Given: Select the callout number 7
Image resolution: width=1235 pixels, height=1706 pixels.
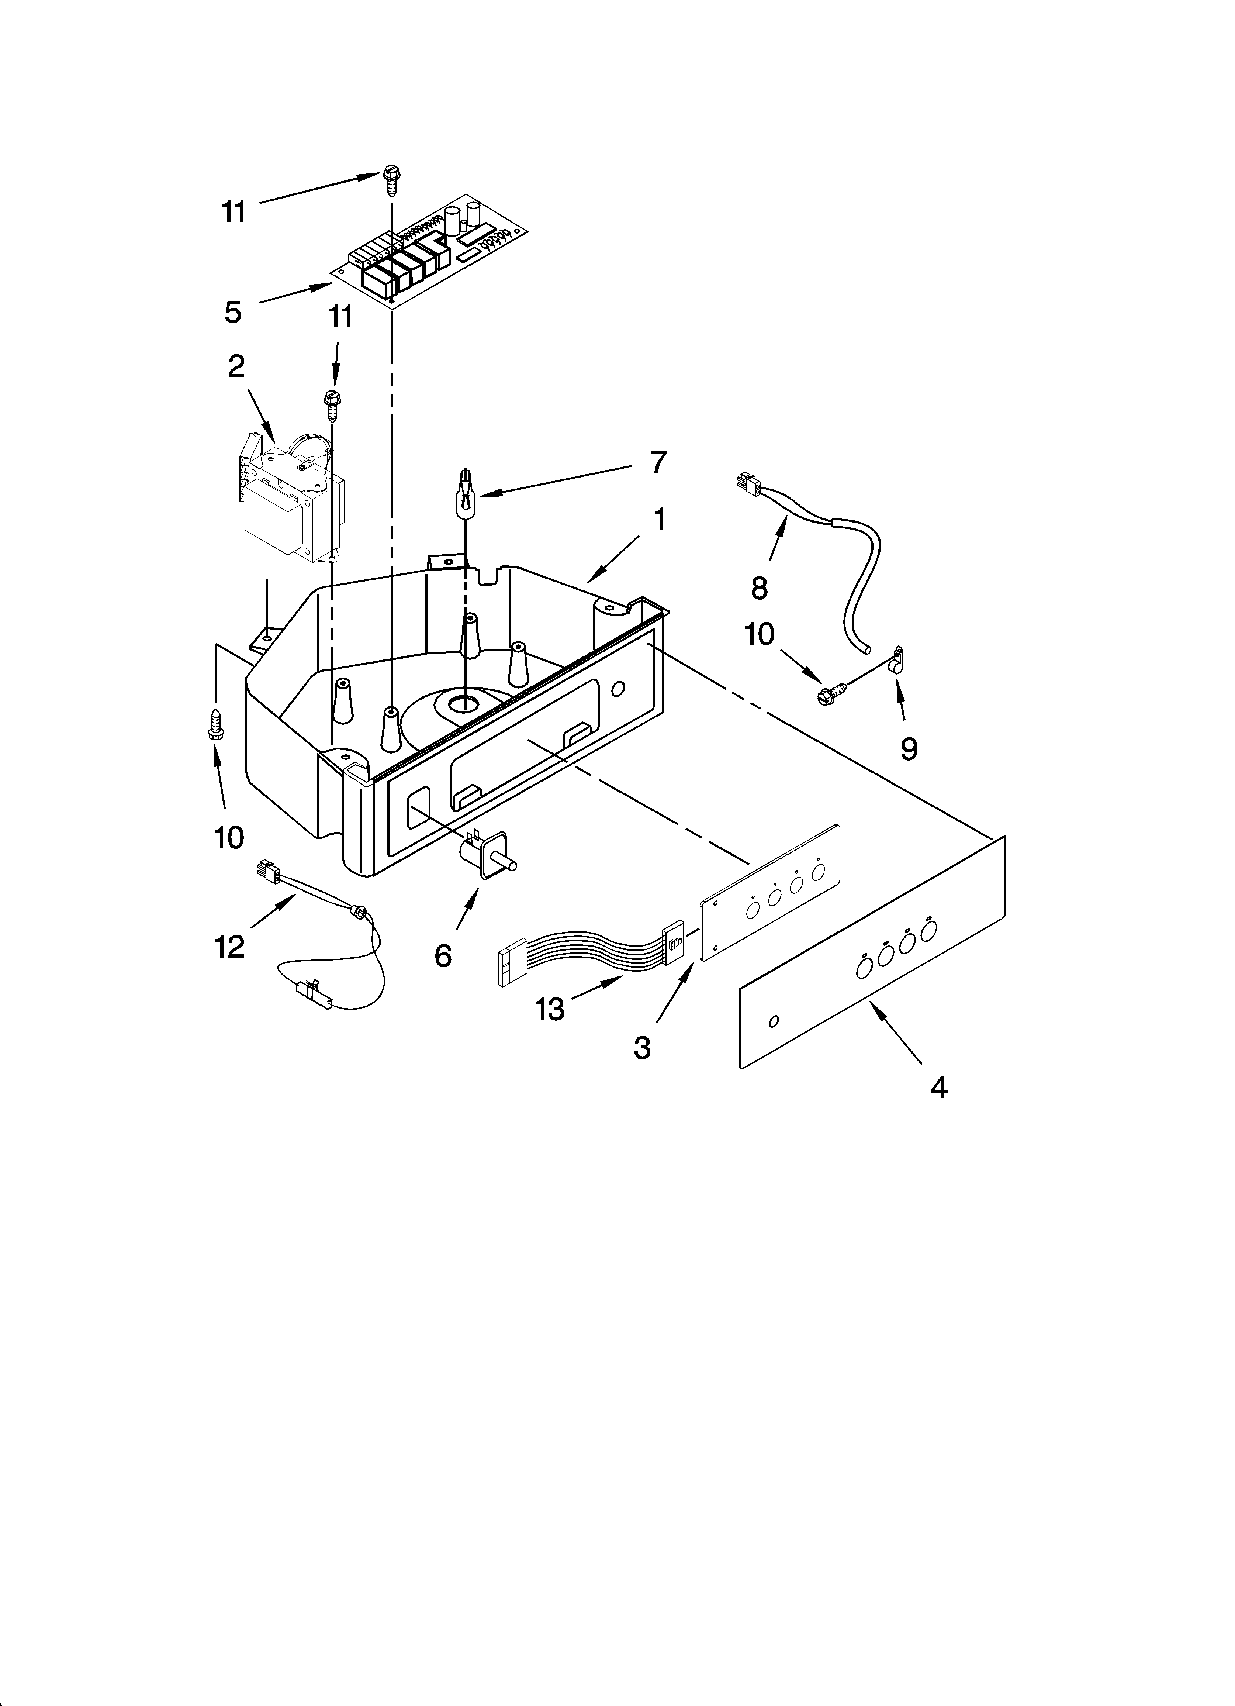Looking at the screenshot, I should [x=658, y=462].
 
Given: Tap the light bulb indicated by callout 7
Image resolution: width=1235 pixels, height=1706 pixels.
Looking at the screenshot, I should [x=466, y=491].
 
